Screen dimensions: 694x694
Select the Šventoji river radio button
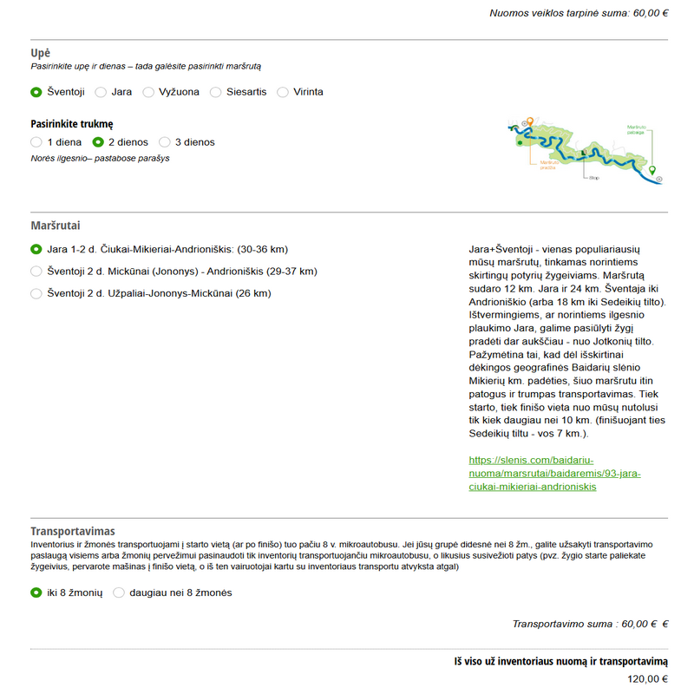coord(36,92)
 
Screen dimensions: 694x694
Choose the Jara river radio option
coord(101,92)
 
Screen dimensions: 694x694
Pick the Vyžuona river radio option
coord(149,92)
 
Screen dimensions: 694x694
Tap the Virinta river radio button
coord(283,92)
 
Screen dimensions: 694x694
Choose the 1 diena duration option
coord(36,142)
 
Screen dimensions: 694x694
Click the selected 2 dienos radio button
coord(99,142)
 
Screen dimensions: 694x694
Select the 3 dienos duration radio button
coord(165,142)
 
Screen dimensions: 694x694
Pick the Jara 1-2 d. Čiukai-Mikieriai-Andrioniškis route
coord(36,249)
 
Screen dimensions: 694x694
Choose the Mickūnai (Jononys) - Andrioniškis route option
coord(36,272)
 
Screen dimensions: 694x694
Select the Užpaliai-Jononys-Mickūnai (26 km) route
coord(36,294)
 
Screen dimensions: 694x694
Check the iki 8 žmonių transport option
coord(36,593)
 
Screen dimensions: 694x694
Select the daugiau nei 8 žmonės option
coord(119,593)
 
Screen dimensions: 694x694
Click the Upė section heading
coord(41,53)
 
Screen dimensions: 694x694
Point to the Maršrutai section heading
coord(56,226)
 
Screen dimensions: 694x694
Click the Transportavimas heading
coord(73,531)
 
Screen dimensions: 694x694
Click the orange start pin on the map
coord(529,121)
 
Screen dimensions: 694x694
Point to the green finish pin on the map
coord(653,170)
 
